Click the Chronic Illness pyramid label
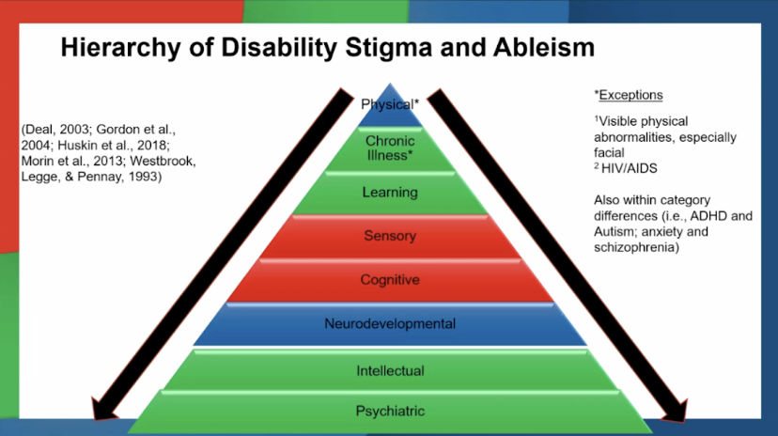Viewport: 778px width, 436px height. pos(389,148)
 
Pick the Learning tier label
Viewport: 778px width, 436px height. pos(389,193)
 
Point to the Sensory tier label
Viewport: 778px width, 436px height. pos(389,236)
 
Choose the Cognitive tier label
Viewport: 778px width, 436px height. pos(389,280)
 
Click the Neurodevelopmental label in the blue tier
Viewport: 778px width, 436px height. pos(389,324)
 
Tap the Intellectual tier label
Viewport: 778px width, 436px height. pos(389,370)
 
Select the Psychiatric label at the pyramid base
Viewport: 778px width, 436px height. pos(389,411)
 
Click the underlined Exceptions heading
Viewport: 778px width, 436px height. pos(630,95)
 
